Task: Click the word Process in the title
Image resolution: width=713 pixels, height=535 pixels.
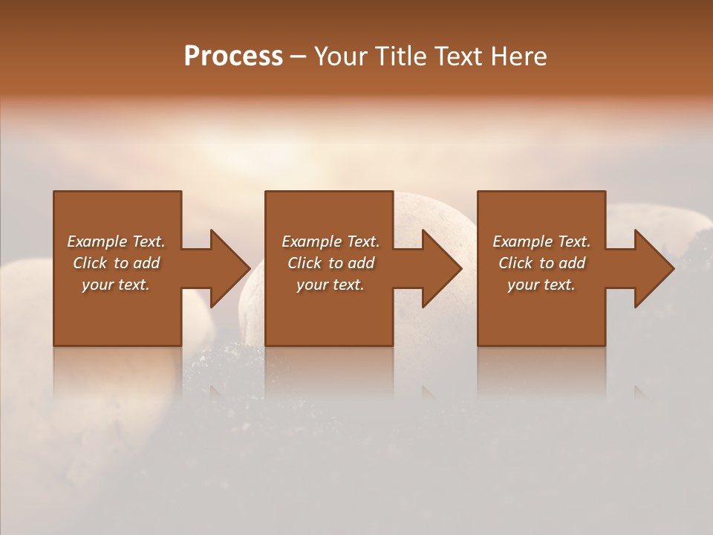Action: [233, 56]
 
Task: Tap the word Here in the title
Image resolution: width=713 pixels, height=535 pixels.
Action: [518, 56]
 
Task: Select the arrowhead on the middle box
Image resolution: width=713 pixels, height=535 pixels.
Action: [441, 268]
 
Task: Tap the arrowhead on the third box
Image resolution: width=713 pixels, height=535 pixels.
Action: [654, 268]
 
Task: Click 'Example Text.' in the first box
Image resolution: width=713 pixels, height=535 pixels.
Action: [116, 241]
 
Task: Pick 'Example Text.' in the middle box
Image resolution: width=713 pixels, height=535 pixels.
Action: [331, 241]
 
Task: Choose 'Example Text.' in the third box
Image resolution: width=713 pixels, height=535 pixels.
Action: [541, 241]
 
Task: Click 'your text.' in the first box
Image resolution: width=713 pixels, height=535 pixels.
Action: [116, 285]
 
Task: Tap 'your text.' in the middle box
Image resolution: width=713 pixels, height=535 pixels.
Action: [331, 285]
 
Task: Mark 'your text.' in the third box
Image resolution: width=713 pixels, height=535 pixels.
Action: [541, 285]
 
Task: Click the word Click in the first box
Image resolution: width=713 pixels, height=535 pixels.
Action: [89, 263]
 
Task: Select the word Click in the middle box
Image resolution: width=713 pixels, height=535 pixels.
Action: [304, 263]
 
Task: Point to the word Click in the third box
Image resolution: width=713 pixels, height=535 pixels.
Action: [515, 263]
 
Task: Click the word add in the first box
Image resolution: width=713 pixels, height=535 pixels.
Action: [146, 263]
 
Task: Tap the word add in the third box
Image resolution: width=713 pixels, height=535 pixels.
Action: [572, 263]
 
